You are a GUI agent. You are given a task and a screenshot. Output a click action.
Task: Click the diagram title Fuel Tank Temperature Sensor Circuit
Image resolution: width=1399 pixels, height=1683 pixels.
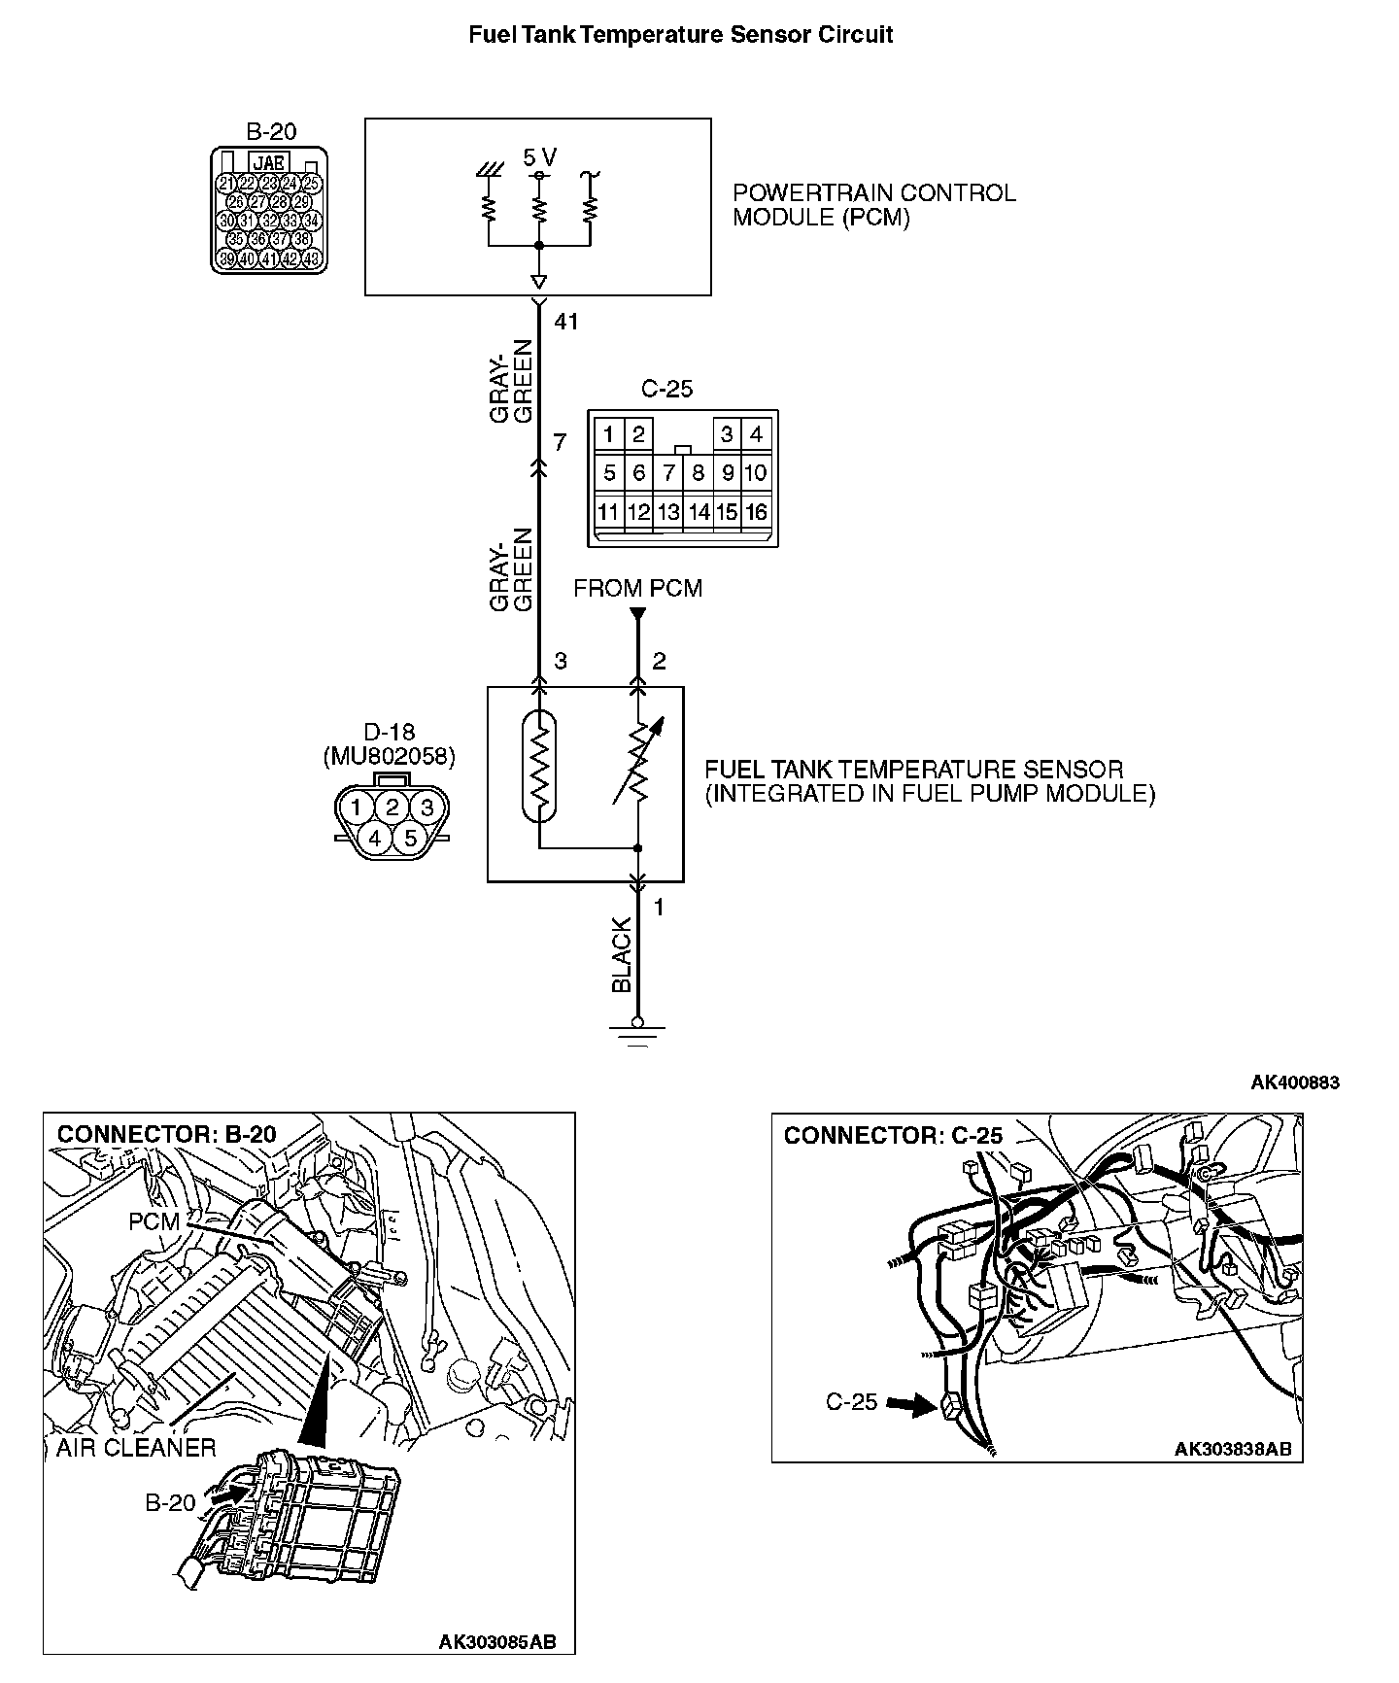pyautogui.click(x=681, y=35)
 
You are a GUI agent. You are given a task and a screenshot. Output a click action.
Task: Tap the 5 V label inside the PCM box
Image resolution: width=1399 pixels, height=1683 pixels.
pyautogui.click(x=540, y=157)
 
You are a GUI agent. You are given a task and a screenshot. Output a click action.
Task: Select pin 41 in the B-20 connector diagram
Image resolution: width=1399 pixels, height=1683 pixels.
pyautogui.click(x=269, y=259)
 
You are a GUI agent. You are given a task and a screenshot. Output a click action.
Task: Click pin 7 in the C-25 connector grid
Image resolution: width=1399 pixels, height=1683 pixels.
pyautogui.click(x=668, y=473)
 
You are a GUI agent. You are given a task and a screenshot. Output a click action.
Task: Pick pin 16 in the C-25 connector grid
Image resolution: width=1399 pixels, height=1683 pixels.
pyautogui.click(x=756, y=512)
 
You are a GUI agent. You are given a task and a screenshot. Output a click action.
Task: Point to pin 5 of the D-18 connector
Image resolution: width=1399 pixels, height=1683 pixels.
pyautogui.click(x=410, y=837)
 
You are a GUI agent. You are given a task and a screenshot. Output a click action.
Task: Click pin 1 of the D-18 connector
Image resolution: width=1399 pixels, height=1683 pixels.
pyautogui.click(x=357, y=807)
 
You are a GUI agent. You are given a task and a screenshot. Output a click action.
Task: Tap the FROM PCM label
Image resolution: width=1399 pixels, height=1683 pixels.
pyautogui.click(x=637, y=588)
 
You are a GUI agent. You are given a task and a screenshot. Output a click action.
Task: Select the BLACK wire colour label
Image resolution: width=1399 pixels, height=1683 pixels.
pyautogui.click(x=622, y=955)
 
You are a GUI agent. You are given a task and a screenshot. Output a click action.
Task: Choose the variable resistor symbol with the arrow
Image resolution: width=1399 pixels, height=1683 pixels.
pyautogui.click(x=638, y=763)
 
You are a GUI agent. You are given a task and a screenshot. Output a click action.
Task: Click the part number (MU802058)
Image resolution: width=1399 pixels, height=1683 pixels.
pyautogui.click(x=389, y=756)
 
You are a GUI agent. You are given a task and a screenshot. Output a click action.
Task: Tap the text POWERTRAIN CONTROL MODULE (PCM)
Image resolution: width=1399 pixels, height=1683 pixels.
pyautogui.click(x=873, y=205)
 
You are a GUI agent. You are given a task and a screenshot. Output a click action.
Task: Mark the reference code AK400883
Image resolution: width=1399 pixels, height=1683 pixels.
pyautogui.click(x=1294, y=1082)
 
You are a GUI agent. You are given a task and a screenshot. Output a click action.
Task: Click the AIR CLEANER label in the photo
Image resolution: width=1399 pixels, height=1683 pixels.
pyautogui.click(x=135, y=1448)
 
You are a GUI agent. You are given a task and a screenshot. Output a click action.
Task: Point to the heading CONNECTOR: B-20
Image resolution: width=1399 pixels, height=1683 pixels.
pyautogui.click(x=166, y=1134)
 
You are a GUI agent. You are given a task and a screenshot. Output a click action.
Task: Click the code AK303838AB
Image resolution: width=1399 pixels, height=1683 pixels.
pyautogui.click(x=1233, y=1449)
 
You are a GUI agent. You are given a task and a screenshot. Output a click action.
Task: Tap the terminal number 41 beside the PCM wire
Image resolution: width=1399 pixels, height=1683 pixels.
pyautogui.click(x=565, y=321)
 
